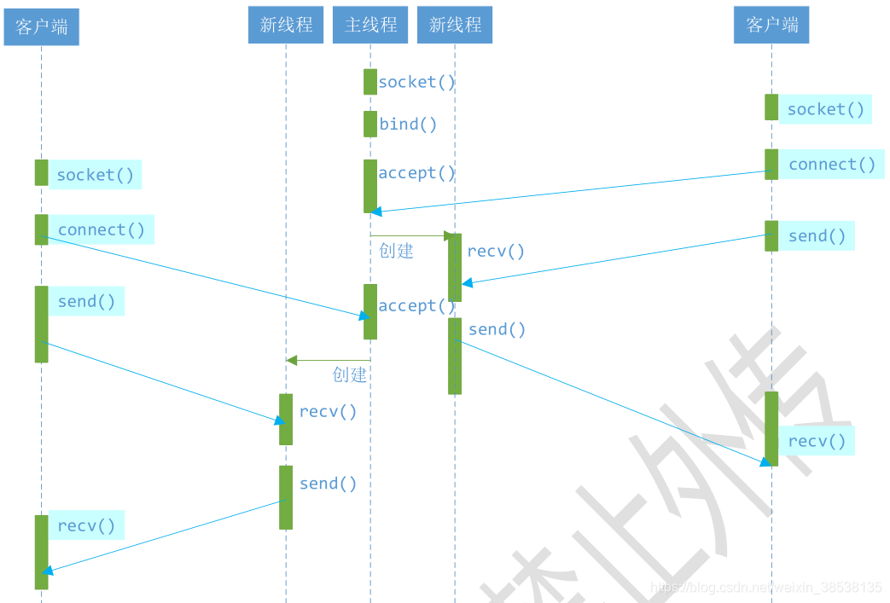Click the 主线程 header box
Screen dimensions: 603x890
pos(370,26)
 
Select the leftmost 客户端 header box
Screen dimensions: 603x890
pos(41,27)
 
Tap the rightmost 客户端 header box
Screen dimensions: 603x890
pos(771,26)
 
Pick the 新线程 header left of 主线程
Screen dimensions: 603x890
pos(286,26)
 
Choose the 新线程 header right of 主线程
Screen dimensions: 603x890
pos(455,26)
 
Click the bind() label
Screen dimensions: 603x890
pos(408,125)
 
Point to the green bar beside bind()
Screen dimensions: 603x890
pos(370,124)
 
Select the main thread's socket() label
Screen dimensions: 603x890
pos(417,83)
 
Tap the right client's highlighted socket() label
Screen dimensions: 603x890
pos(825,109)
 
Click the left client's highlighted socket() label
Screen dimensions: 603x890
pos(95,175)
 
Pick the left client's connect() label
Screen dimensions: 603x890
pos(102,230)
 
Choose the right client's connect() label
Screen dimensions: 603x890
pos(832,165)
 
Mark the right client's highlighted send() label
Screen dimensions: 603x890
pos(817,236)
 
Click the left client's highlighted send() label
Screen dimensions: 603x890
pos(86,302)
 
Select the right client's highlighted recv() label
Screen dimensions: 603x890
pos(817,441)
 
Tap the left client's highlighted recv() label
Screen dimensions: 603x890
pos(86,526)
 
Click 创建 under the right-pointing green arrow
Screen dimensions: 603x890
pos(396,251)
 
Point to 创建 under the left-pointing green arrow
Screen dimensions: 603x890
pos(349,374)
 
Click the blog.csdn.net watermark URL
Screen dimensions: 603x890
pos(765,588)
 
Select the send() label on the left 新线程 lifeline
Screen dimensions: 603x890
pos(328,484)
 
